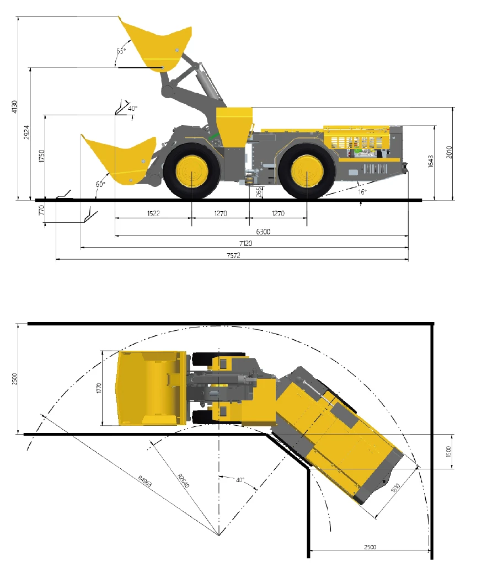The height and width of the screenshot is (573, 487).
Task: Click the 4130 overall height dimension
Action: [14, 106]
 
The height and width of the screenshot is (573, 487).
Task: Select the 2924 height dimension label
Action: [26, 132]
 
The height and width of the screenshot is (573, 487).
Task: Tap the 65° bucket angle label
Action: [121, 51]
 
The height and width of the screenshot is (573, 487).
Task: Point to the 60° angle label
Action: [100, 184]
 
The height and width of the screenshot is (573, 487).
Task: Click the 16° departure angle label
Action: [362, 191]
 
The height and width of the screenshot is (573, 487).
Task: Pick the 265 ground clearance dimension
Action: [259, 192]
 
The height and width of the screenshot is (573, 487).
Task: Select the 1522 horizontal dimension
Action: [153, 213]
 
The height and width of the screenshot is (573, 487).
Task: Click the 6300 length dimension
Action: [263, 232]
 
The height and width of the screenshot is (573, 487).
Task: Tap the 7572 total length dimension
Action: [233, 255]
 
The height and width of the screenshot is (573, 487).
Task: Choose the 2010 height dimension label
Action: [449, 152]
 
